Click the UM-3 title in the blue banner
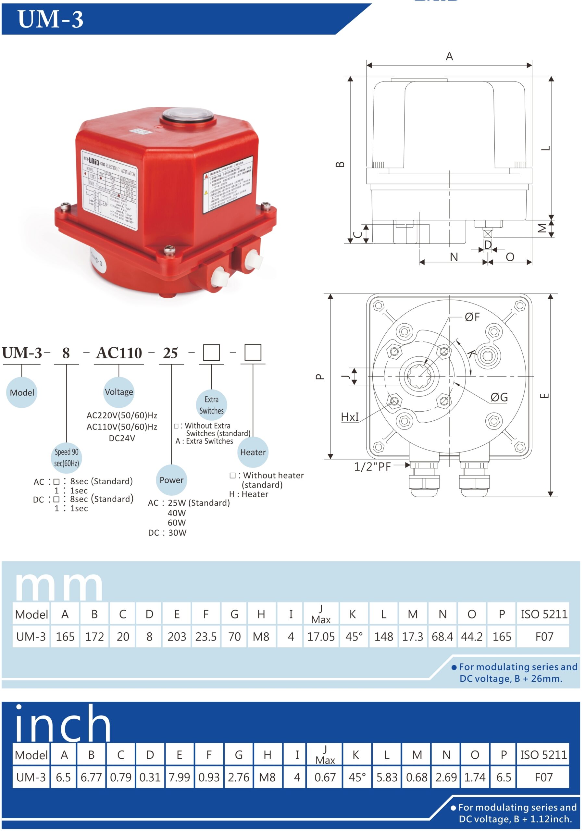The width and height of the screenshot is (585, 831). (x=50, y=19)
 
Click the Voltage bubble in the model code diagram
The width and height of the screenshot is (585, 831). (x=119, y=392)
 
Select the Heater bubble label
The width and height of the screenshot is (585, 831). (x=253, y=453)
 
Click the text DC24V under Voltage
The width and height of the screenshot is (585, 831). (x=122, y=438)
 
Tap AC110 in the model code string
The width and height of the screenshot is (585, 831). (x=119, y=353)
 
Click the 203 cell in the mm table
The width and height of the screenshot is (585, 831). (x=177, y=637)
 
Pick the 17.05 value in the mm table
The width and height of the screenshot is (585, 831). (x=321, y=637)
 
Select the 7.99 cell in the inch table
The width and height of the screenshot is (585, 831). (x=179, y=777)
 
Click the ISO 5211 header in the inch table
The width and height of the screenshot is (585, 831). (x=543, y=755)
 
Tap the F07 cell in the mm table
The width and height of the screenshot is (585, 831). (x=544, y=637)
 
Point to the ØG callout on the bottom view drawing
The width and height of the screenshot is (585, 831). (x=499, y=397)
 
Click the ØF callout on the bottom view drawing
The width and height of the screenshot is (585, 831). (x=472, y=317)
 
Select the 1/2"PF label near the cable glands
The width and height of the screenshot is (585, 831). (x=372, y=467)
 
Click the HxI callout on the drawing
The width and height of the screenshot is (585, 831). (x=350, y=417)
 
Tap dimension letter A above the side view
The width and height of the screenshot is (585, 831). (x=449, y=56)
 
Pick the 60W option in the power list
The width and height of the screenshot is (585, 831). (x=177, y=523)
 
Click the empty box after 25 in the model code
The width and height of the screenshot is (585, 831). (x=211, y=353)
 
